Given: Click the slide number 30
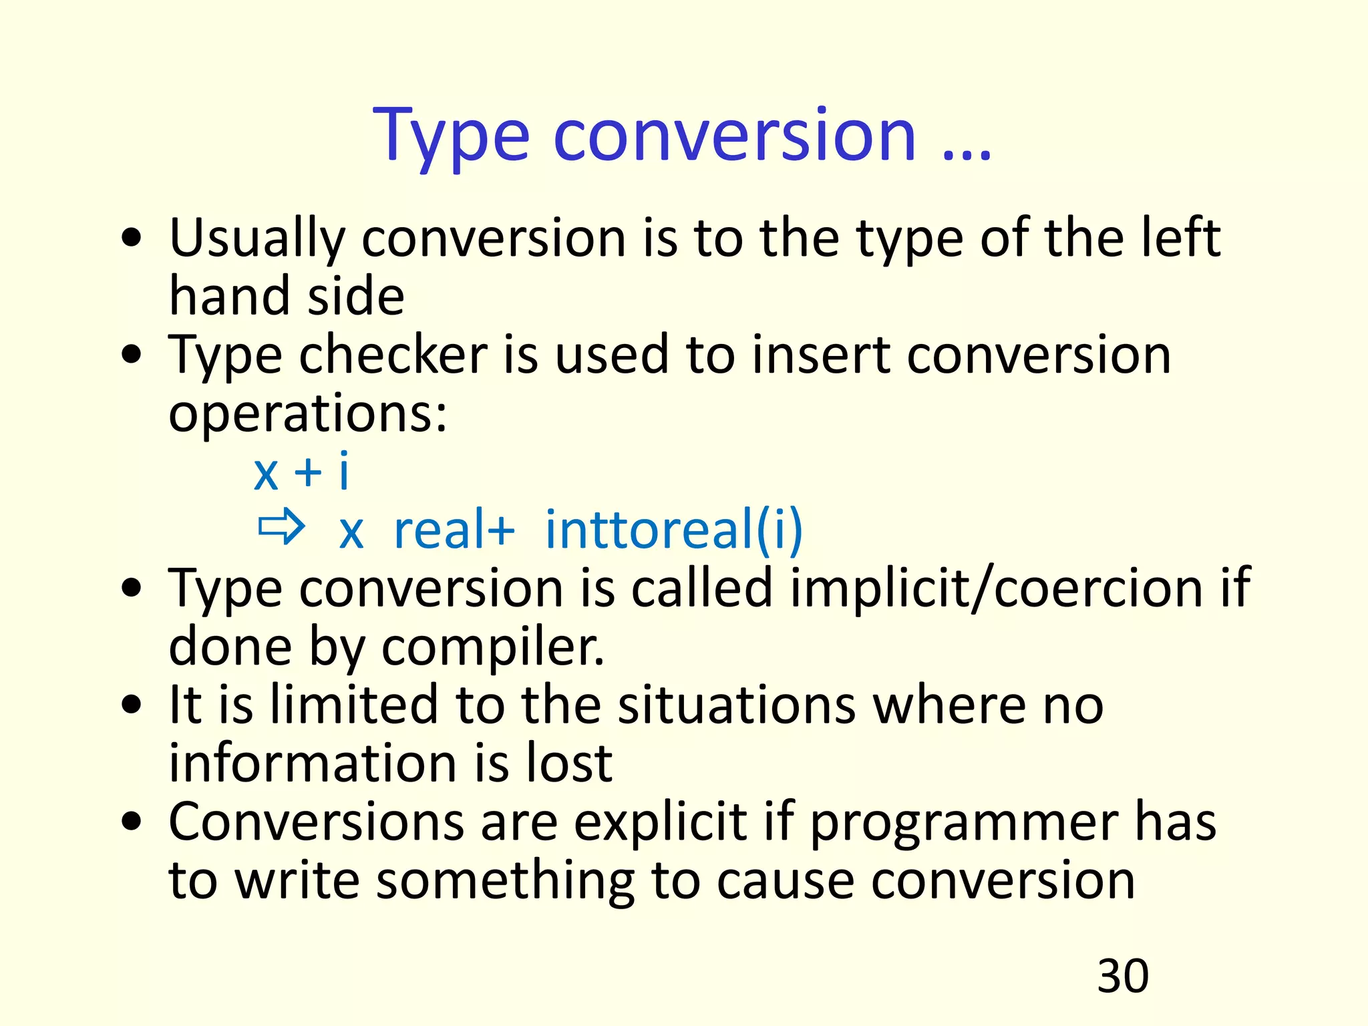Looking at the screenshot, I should tap(1122, 976).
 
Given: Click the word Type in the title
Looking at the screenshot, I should tap(452, 137).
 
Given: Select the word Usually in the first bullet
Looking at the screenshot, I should tap(257, 239).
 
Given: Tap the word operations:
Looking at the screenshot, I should tap(307, 414).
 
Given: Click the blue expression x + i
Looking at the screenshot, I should tap(301, 472).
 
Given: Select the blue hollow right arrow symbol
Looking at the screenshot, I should tap(281, 527).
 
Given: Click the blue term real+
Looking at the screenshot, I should tap(454, 530).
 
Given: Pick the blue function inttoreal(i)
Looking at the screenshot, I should tap(673, 530).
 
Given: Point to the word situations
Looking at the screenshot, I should tap(735, 705).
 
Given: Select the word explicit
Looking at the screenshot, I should tap(660, 823).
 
